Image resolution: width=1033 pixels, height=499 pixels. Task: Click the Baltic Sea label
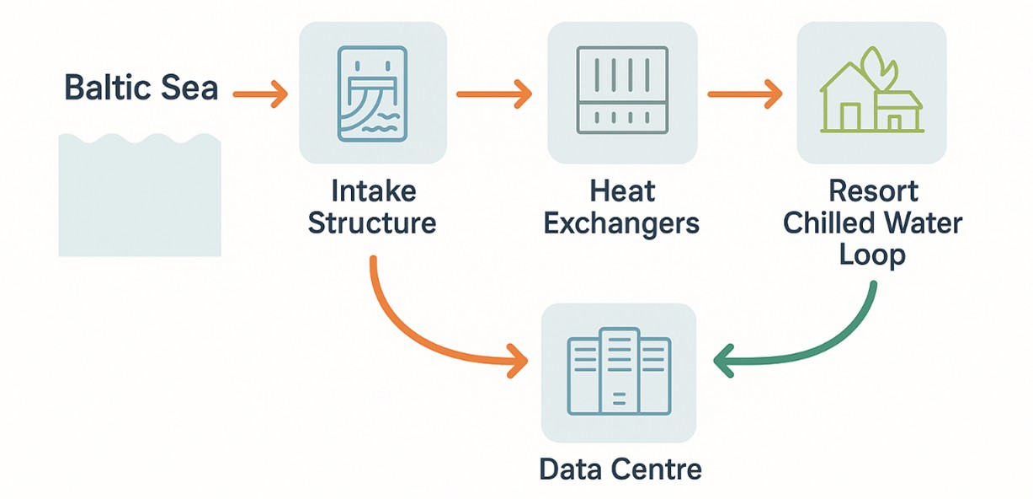pyautogui.click(x=141, y=89)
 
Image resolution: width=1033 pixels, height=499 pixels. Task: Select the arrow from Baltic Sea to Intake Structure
pyautogui.click(x=260, y=94)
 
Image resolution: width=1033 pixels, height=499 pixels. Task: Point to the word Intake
pyautogui.click(x=373, y=190)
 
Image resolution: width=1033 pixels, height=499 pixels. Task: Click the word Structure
pyautogui.click(x=372, y=223)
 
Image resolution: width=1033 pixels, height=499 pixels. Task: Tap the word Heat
pyautogui.click(x=622, y=190)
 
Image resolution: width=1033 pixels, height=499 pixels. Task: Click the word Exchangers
pyautogui.click(x=622, y=223)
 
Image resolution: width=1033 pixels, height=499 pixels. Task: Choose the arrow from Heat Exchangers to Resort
pyautogui.click(x=744, y=94)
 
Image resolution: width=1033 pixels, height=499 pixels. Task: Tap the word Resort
pyautogui.click(x=872, y=190)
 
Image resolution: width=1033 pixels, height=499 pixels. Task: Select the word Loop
pyautogui.click(x=872, y=255)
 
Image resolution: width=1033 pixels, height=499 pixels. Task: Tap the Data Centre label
pyautogui.click(x=620, y=469)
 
